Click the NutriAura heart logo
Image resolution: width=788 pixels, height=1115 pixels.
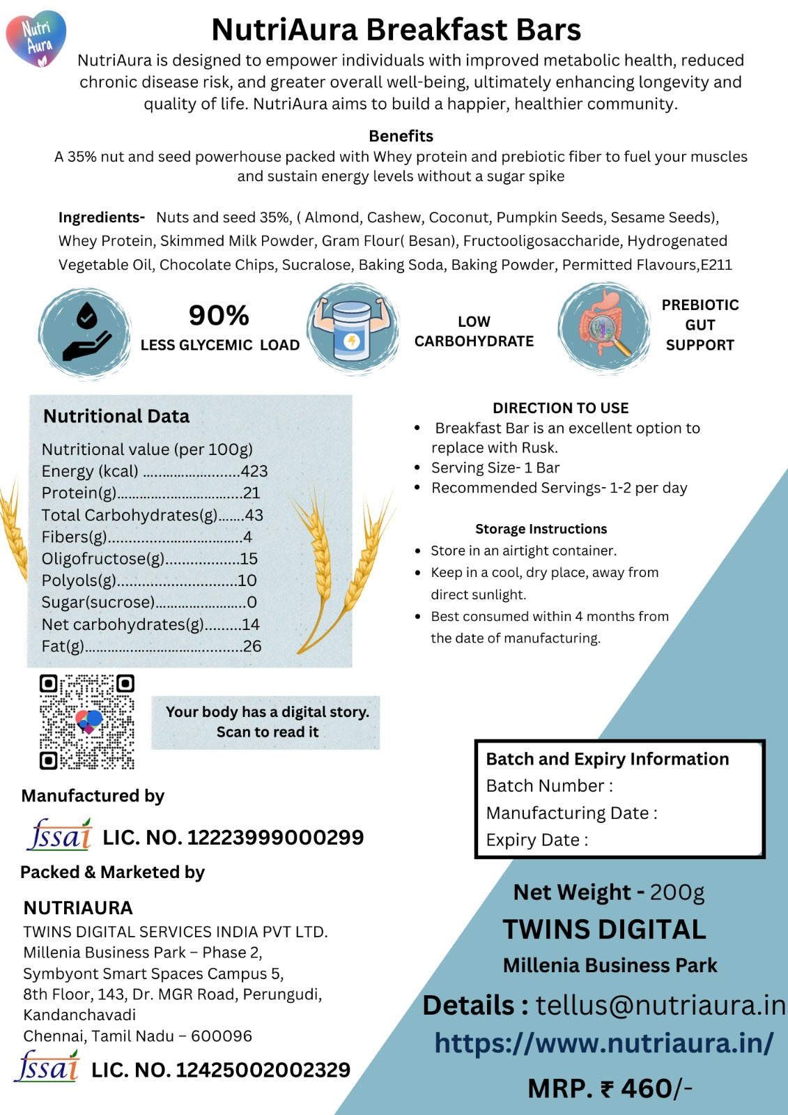pos(36,38)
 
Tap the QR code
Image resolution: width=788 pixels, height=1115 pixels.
pos(86,721)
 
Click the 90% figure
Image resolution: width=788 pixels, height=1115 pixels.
pos(219,316)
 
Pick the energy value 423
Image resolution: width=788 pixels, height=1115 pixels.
pos(254,471)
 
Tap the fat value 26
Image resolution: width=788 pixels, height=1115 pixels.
pos(252,646)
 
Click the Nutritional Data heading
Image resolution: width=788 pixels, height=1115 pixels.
pos(116,416)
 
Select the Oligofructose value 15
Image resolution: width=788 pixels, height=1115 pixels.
pos(249,559)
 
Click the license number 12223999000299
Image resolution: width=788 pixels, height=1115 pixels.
pos(275,837)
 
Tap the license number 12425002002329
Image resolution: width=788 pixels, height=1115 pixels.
pos(263,1070)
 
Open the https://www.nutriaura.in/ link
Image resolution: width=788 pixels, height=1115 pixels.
pos(604,1043)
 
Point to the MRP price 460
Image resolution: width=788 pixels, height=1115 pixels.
pos(647,1088)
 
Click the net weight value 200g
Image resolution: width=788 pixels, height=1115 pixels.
pos(677,892)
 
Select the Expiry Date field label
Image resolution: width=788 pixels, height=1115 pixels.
pos(536,840)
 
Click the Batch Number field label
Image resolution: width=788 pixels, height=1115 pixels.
pos(549,785)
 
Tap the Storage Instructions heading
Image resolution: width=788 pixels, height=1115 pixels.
pos(541,529)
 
